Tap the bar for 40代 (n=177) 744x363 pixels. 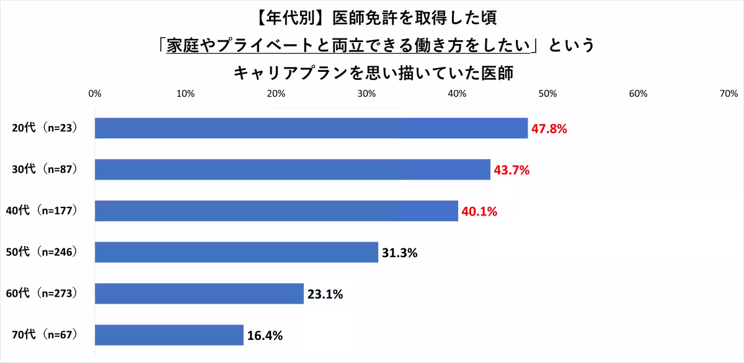pos(276,211)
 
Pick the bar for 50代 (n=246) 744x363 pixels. pos(236,252)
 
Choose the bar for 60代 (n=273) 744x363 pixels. pos(198,294)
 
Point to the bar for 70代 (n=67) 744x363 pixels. pos(169,335)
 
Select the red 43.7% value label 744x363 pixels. pos(511,170)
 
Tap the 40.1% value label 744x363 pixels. pos(479,212)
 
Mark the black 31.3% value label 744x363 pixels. pos(399,253)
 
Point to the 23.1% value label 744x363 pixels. pos(325,294)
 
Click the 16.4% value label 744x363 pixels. pos(265,336)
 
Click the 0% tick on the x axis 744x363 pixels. pos(95,94)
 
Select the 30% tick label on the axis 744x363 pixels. pos(366,94)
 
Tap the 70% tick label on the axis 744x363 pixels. pos(728,94)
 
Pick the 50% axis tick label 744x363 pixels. pos(547,94)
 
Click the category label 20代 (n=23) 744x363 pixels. pos(45,129)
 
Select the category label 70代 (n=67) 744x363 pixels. pos(45,336)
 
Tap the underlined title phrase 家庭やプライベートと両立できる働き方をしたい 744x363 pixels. pos(352,45)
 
